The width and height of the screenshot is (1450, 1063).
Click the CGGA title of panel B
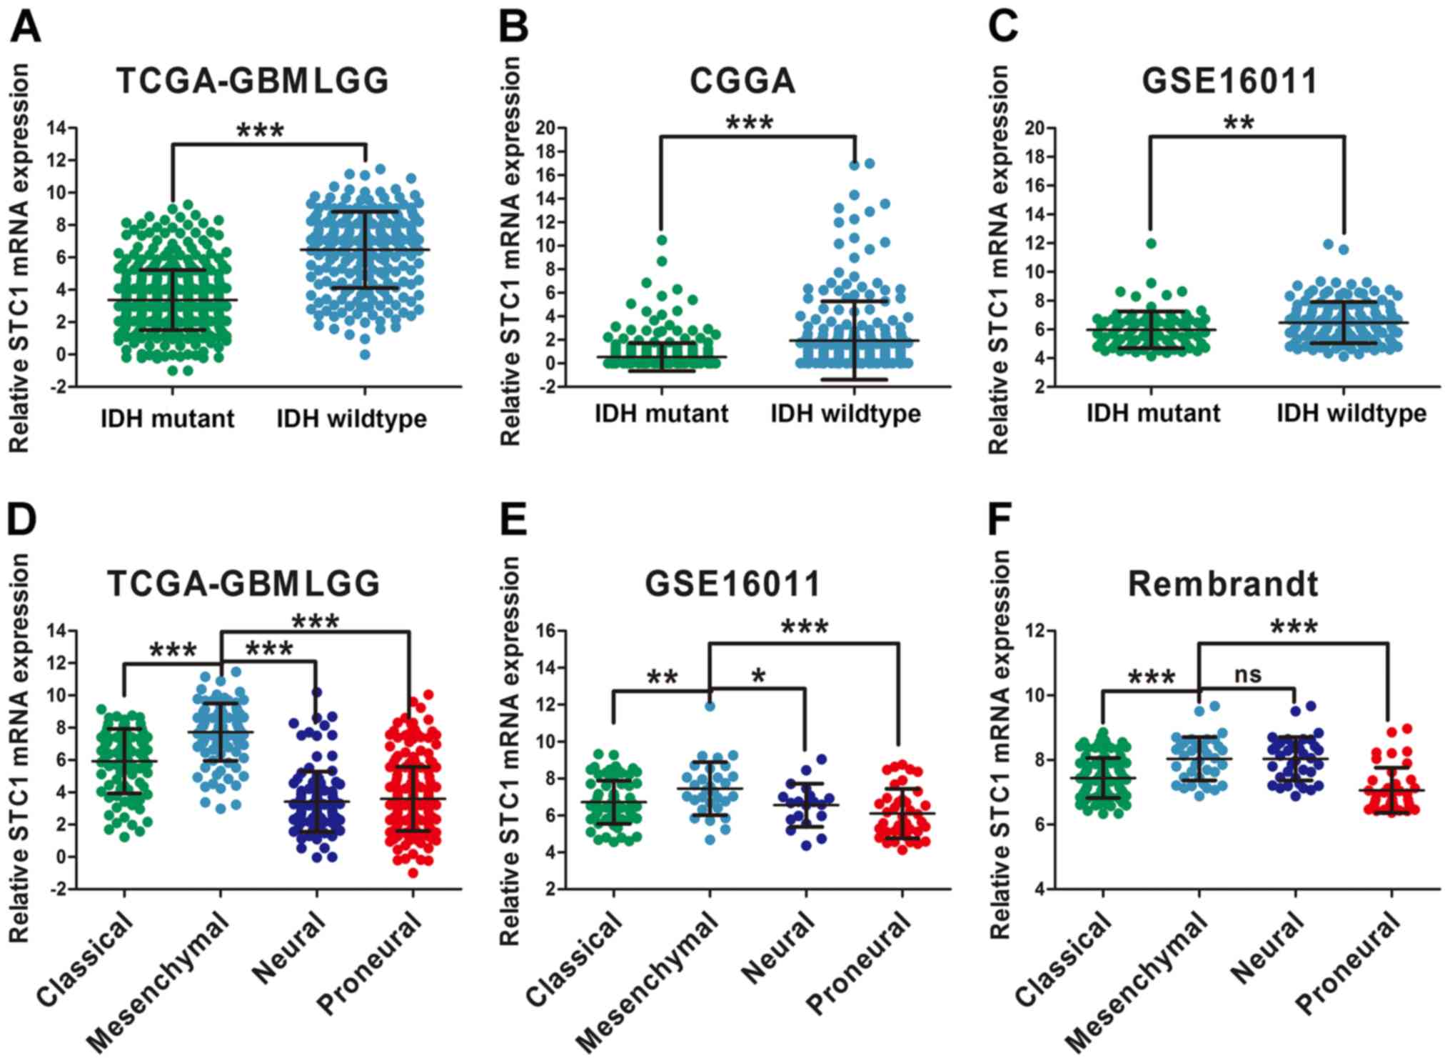tap(742, 81)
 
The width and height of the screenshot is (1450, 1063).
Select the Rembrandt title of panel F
tap(1222, 584)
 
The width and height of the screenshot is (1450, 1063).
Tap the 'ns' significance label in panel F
tap(1247, 674)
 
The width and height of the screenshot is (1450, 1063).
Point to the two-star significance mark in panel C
tap(1239, 123)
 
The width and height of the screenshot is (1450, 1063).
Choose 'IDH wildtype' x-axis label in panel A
tap(351, 419)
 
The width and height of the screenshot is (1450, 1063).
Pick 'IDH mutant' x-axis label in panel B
tap(661, 414)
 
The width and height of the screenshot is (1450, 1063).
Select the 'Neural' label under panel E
tap(778, 949)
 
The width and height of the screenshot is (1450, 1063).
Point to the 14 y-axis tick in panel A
tap(56, 129)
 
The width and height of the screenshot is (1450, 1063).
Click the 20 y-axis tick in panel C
tap(1034, 129)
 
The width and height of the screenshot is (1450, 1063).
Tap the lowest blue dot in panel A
tap(365, 354)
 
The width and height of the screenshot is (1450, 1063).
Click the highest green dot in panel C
tap(1151, 244)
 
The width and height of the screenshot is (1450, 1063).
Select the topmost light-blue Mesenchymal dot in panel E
tap(710, 707)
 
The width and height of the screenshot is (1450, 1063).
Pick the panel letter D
tap(22, 519)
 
